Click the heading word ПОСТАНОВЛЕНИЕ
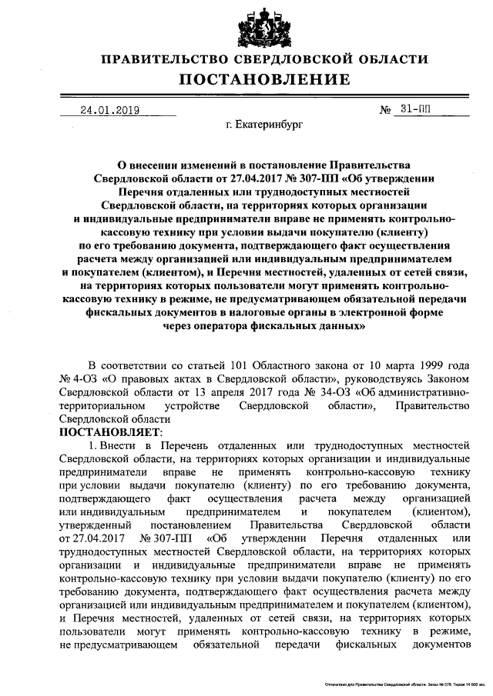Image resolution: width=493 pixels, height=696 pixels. tap(266, 79)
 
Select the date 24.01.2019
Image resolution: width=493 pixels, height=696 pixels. tap(109, 109)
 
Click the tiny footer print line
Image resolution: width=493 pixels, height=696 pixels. tap(396, 683)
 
